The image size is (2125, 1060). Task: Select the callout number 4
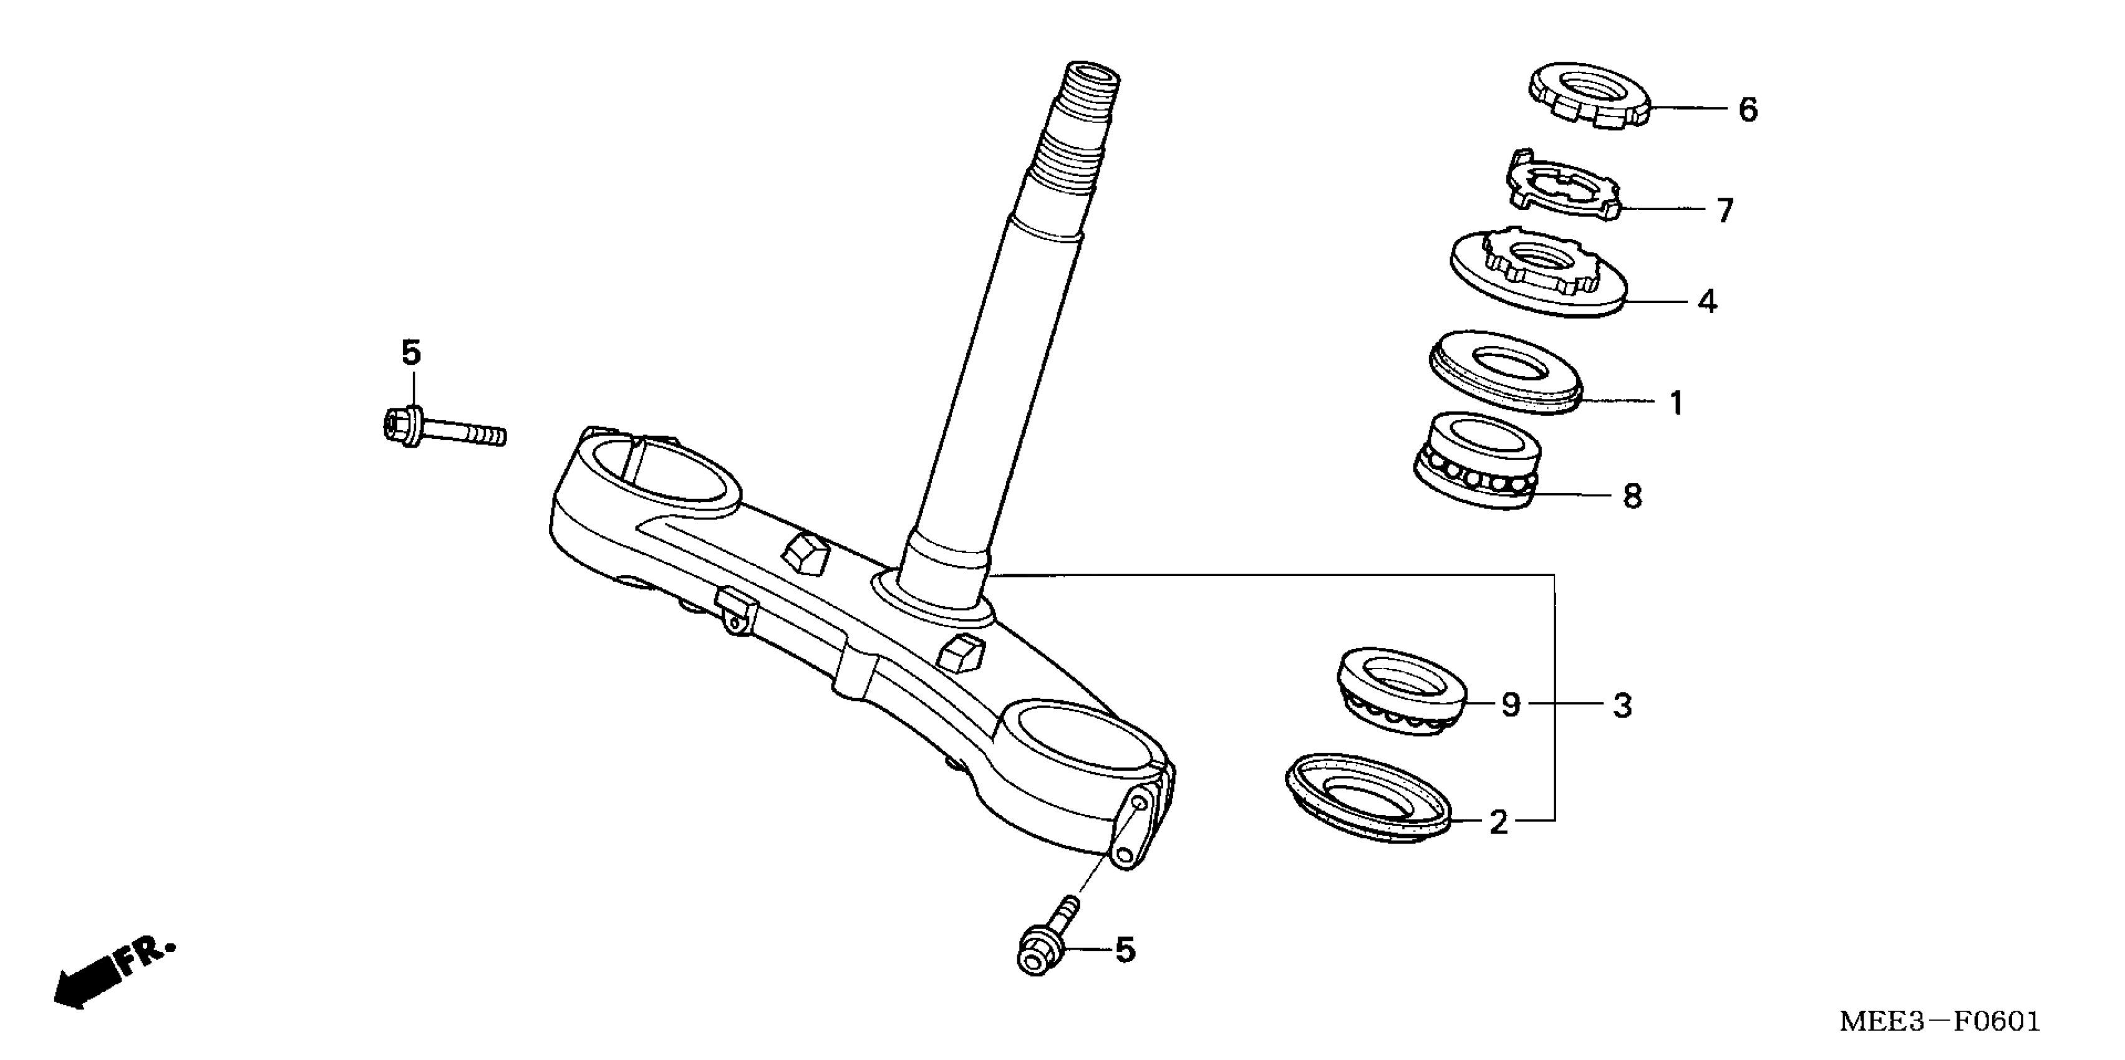pos(1706,302)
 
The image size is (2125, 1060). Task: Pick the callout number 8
pos(1632,496)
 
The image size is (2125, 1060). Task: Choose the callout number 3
pos(1622,705)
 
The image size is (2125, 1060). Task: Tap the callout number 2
pos(1498,822)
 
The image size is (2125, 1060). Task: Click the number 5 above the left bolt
pos(411,353)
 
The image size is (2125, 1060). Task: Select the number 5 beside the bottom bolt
pos(1125,951)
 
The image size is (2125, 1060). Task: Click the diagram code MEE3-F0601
pos(1939,1022)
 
